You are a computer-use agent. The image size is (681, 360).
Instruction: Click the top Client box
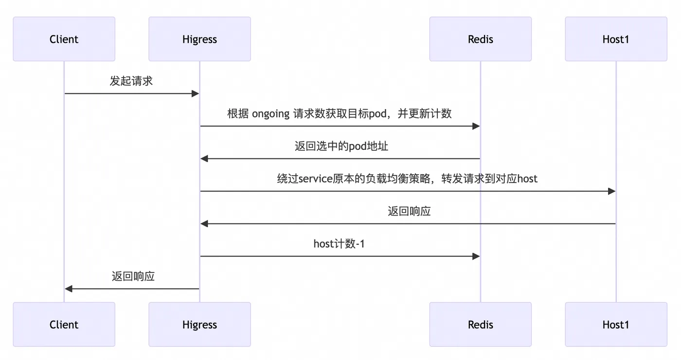pos(64,39)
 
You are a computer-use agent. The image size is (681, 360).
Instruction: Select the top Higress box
pos(199,39)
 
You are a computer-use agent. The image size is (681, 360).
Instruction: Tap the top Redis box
pos(480,39)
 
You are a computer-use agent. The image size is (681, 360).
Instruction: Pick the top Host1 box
pos(616,39)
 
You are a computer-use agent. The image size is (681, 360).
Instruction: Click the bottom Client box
pos(64,324)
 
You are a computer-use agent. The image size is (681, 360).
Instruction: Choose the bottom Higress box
pos(199,324)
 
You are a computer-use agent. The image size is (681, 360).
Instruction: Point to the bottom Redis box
pos(480,324)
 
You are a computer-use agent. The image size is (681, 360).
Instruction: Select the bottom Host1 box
pos(616,324)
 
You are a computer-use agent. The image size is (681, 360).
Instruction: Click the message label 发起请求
pos(131,81)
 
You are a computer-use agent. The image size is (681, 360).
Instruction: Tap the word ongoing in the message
pos(270,114)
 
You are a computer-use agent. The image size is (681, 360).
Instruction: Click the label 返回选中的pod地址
pos(341,146)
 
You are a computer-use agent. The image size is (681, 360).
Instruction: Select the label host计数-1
pos(339,244)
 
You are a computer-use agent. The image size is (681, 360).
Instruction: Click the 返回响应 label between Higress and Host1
pos(409,211)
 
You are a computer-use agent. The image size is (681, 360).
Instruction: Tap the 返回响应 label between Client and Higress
pos(133,276)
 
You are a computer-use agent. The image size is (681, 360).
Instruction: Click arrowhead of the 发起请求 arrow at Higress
pos(196,93)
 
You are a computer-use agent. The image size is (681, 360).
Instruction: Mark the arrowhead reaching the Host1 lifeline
pos(612,191)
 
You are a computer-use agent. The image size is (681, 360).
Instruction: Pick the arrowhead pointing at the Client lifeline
pos(69,289)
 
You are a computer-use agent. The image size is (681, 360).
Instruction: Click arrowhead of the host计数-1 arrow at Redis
pos(476,256)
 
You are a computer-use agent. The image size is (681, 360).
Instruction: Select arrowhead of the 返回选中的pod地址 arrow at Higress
pos(204,159)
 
